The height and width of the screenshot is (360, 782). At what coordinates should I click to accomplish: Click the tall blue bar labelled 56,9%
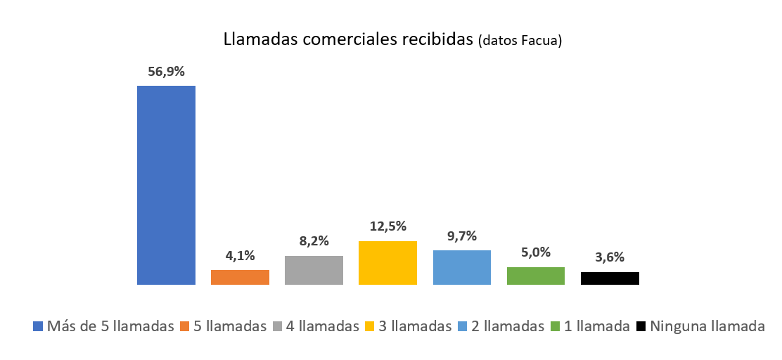[x=166, y=185]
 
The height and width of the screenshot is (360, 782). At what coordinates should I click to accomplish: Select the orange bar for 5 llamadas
[x=240, y=277]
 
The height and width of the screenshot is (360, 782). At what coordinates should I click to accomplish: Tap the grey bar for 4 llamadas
[x=314, y=270]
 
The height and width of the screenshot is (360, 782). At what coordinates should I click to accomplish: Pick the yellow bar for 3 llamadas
[x=387, y=263]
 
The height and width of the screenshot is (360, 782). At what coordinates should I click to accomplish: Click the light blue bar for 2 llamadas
[x=462, y=267]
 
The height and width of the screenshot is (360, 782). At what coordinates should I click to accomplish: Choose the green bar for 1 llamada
[x=536, y=276]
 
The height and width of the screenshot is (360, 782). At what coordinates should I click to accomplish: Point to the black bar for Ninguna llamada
[x=610, y=278]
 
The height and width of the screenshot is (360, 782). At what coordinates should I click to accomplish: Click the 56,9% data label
[x=166, y=71]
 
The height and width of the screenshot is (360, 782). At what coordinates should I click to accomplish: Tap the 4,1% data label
[x=240, y=256]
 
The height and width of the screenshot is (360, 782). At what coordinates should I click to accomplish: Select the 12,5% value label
[x=387, y=226]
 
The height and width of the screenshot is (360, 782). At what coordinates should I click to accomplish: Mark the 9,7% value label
[x=462, y=236]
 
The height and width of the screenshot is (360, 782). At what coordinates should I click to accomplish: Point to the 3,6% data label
[x=610, y=257]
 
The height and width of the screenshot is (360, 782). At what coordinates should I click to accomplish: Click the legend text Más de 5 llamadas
[x=110, y=326]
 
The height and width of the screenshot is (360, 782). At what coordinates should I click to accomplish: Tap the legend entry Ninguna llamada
[x=707, y=326]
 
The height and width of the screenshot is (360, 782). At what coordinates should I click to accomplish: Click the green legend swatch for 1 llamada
[x=554, y=326]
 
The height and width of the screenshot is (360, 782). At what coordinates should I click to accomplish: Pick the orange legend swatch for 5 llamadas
[x=186, y=326]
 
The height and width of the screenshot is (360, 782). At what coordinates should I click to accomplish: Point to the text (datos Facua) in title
[x=520, y=41]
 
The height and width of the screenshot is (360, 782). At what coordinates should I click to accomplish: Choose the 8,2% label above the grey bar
[x=314, y=241]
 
